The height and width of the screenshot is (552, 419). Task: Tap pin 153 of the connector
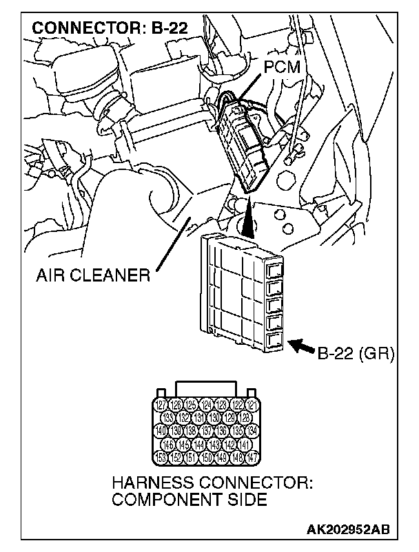pyautogui.click(x=160, y=457)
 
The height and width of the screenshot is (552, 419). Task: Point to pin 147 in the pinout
pyautogui.click(x=254, y=457)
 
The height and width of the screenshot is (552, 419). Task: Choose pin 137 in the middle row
pyautogui.click(x=207, y=430)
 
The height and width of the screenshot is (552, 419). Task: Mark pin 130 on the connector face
pyautogui.click(x=214, y=416)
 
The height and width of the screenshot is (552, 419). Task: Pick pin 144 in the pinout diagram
pyautogui.click(x=200, y=444)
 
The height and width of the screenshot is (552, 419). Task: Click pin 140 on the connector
pyautogui.click(x=161, y=430)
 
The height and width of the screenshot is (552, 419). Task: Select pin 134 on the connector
pyautogui.click(x=254, y=430)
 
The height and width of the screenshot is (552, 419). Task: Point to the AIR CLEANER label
pyautogui.click(x=92, y=276)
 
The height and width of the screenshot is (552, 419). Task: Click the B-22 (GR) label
pyautogui.click(x=354, y=355)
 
